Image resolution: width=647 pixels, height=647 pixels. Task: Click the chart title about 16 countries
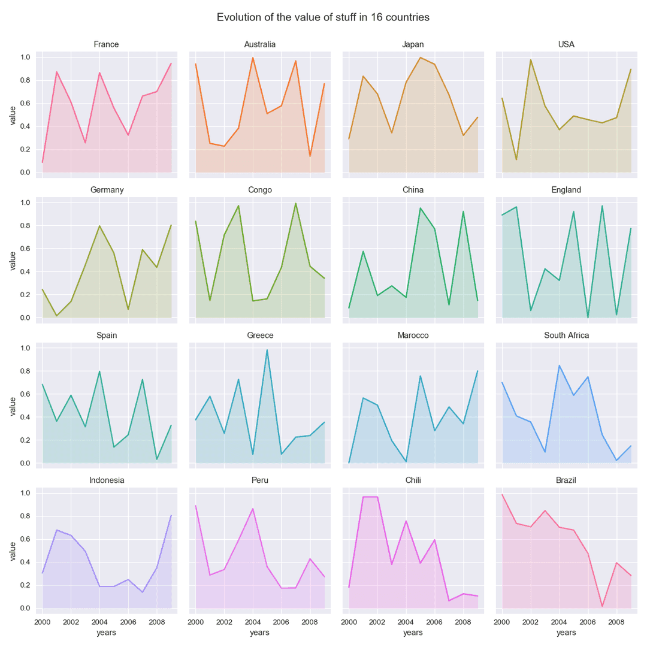pyautogui.click(x=323, y=17)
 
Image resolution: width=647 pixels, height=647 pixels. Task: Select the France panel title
pyautogui.click(x=106, y=44)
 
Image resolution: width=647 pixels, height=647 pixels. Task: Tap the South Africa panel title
pyautogui.click(x=566, y=335)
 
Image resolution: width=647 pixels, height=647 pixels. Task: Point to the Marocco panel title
pyautogui.click(x=413, y=335)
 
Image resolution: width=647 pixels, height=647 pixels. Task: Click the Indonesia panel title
pyautogui.click(x=107, y=480)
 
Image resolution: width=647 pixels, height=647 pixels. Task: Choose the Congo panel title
pyautogui.click(x=259, y=190)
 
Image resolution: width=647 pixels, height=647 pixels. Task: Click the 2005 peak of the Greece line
pyautogui.click(x=267, y=350)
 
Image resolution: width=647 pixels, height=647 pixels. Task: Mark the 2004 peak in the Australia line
pyautogui.click(x=253, y=58)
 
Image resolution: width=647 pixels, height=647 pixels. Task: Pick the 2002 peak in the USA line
pyautogui.click(x=531, y=59)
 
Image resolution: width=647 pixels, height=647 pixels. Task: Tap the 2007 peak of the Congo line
pyautogui.click(x=296, y=203)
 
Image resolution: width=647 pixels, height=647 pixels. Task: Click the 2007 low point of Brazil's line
pyautogui.click(x=603, y=606)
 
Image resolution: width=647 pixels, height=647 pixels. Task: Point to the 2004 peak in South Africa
pyautogui.click(x=560, y=365)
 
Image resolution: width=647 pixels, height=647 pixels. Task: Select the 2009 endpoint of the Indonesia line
pyautogui.click(x=171, y=515)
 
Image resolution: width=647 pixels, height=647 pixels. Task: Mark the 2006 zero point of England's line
pyautogui.click(x=588, y=318)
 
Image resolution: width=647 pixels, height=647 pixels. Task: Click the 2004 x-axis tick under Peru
pyautogui.click(x=253, y=622)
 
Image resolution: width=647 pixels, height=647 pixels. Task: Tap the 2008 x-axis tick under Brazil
pyautogui.click(x=617, y=622)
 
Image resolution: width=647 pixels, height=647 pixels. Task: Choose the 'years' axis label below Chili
pyautogui.click(x=413, y=633)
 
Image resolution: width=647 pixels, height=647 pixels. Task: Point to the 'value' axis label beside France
pyautogui.click(x=12, y=114)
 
